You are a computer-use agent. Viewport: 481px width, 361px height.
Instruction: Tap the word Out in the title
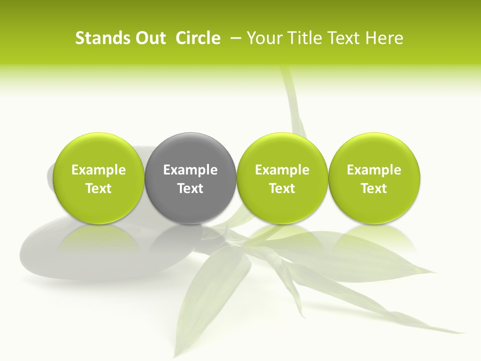pos(150,38)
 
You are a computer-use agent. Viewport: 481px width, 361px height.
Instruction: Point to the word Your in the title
pos(262,38)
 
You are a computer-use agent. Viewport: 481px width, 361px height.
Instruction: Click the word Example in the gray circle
pos(190,170)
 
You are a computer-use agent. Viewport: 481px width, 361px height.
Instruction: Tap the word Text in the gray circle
pos(190,189)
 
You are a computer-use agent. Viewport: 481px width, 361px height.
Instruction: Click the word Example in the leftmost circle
pos(99,170)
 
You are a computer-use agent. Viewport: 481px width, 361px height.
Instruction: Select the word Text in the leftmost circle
pos(99,189)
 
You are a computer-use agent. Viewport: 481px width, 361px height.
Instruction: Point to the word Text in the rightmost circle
pos(374,189)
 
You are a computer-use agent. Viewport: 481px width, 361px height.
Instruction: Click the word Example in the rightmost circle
pos(374,170)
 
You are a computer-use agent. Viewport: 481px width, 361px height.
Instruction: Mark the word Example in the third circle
pos(282,170)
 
